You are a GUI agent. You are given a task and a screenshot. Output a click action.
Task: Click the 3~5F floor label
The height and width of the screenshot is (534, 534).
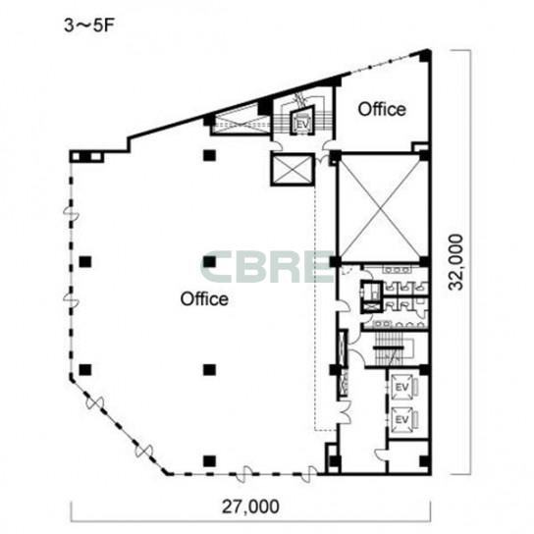pyautogui.click(x=88, y=26)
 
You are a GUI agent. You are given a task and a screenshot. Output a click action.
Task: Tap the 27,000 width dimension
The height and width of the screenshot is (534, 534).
pyautogui.click(x=250, y=507)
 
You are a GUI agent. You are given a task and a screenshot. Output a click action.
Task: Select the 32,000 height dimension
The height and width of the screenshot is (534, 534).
pyautogui.click(x=455, y=262)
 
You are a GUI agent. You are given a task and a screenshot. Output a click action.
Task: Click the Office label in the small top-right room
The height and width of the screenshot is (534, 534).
pyautogui.click(x=382, y=110)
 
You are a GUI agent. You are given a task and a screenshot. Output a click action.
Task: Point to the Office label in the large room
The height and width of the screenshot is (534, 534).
pyautogui.click(x=204, y=299)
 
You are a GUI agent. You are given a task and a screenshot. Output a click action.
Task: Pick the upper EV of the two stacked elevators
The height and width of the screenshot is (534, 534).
pyautogui.click(x=401, y=387)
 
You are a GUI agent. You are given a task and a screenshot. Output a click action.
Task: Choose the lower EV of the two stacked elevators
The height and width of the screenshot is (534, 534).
pyautogui.click(x=401, y=419)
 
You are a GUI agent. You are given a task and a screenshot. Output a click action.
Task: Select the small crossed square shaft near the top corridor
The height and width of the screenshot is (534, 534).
pyautogui.click(x=293, y=169)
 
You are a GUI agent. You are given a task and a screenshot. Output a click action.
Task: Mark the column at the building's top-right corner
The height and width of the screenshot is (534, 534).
pyautogui.click(x=425, y=56)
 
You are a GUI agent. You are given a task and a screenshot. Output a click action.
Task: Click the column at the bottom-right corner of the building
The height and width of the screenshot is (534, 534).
pyautogui.click(x=424, y=461)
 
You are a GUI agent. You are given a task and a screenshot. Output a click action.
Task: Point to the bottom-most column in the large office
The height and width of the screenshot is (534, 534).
pyautogui.click(x=209, y=461)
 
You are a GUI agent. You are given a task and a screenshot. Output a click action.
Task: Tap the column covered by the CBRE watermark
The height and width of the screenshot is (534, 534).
pyautogui.click(x=209, y=261)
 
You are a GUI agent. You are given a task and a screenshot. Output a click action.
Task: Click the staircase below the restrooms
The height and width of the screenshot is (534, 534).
pyautogui.click(x=389, y=348)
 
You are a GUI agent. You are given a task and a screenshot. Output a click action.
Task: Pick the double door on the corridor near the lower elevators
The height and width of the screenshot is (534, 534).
pyautogui.click(x=344, y=411)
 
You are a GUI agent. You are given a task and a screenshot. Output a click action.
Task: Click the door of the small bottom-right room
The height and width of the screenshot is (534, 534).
pyautogui.click(x=381, y=454)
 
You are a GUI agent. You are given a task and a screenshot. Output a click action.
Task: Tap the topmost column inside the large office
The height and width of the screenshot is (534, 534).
pyautogui.click(x=209, y=156)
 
